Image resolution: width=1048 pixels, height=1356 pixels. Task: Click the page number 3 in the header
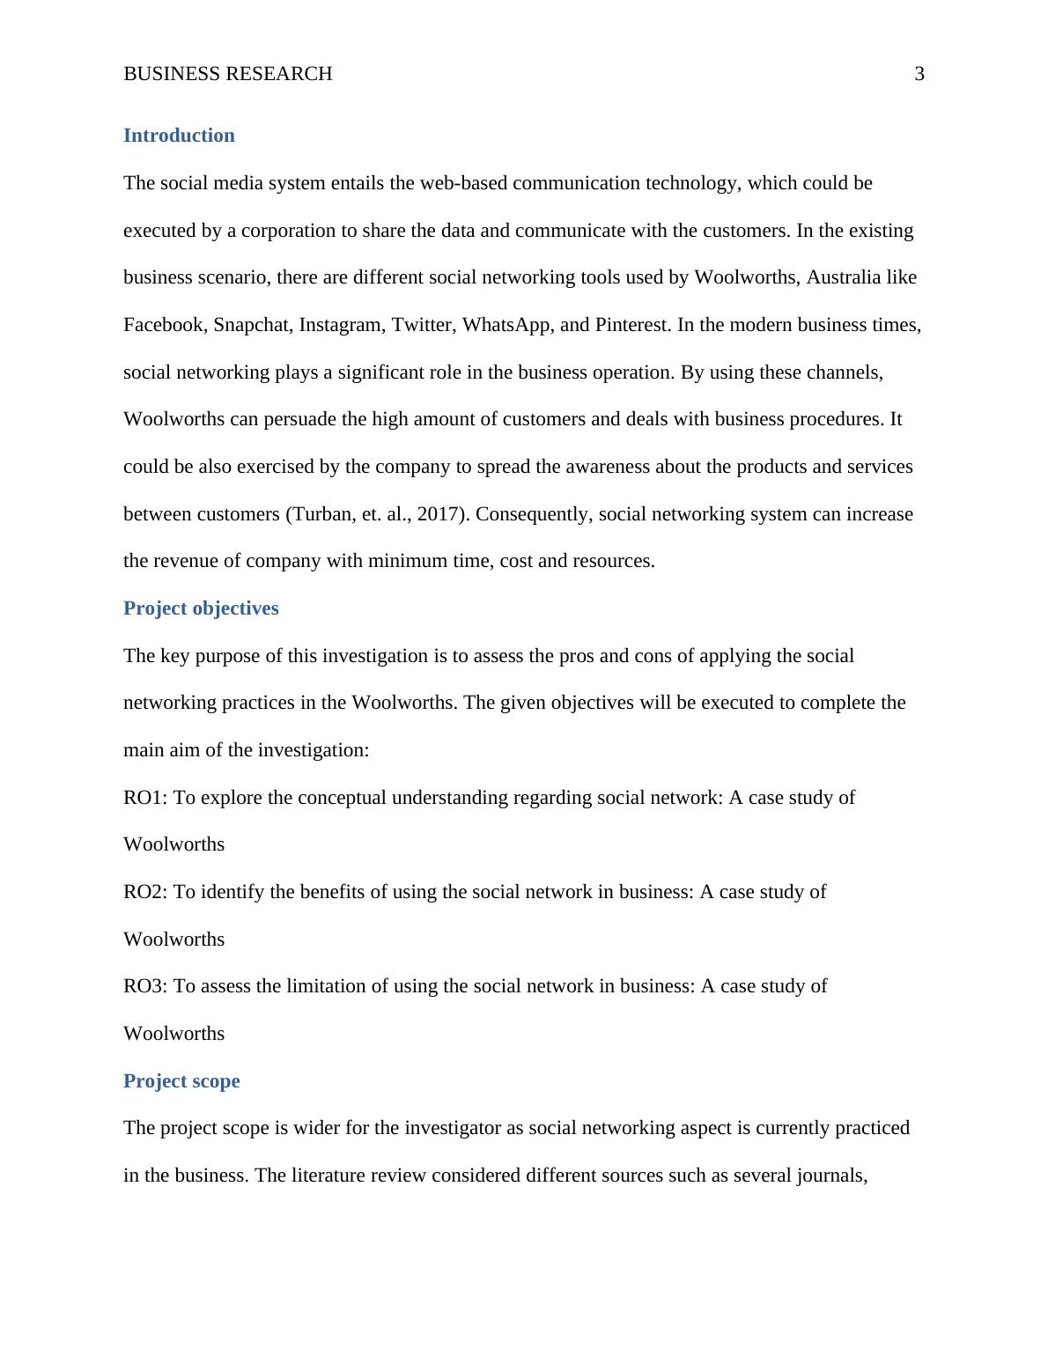click(x=919, y=74)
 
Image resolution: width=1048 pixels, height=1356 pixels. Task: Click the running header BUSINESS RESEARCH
click(x=228, y=74)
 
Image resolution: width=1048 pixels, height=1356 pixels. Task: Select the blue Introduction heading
click(x=179, y=136)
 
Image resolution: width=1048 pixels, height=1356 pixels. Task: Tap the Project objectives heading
click(x=201, y=608)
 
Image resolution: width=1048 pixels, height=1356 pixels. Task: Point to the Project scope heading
click(x=181, y=1081)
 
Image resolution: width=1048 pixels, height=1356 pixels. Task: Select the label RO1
click(x=144, y=798)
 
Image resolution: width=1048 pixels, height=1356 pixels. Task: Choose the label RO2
click(x=144, y=892)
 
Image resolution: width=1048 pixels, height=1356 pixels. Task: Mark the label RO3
click(x=144, y=986)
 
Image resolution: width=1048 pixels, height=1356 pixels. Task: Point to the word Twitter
click(x=422, y=325)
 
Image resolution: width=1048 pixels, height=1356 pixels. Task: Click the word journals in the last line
click(x=830, y=1175)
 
